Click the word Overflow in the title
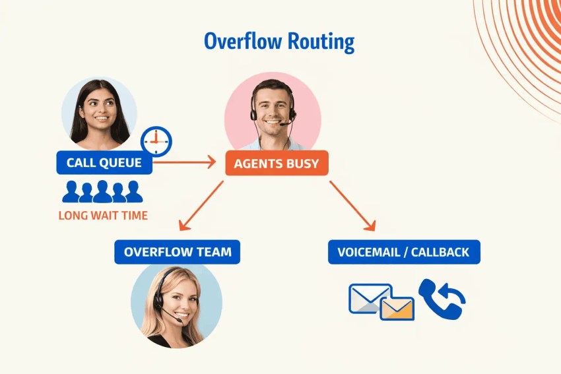[242, 41]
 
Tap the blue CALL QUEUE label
[104, 163]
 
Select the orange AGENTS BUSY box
[277, 163]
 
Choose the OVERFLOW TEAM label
[178, 252]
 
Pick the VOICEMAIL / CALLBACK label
[404, 252]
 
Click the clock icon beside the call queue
[156, 140]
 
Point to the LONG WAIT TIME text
[103, 215]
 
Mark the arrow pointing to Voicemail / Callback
[353, 206]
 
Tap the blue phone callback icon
[441, 299]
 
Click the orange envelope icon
[397, 308]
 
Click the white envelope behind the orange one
[366, 297]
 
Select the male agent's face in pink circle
[272, 106]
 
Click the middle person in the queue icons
[102, 192]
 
